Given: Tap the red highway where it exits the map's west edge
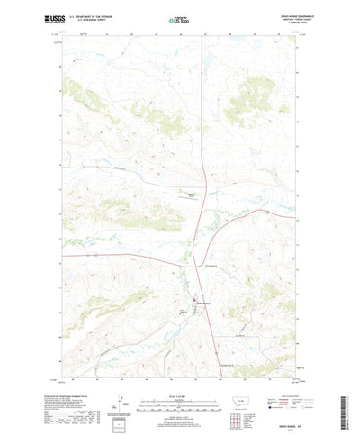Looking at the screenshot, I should (56, 253).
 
